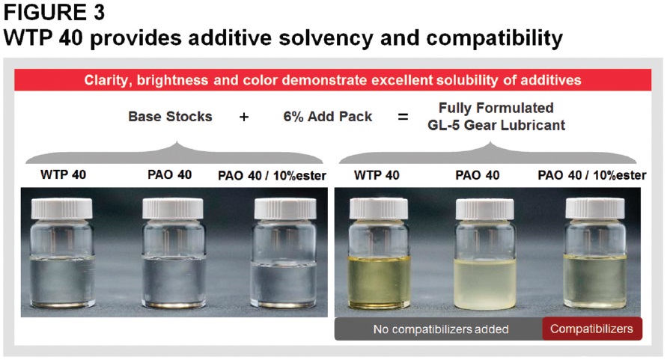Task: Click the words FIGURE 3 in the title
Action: tap(54, 12)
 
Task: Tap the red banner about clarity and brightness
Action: tap(332, 80)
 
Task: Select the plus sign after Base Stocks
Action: tap(244, 117)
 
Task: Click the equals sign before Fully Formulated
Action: tap(403, 117)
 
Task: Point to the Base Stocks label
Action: tap(170, 116)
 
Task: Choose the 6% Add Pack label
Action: tap(328, 116)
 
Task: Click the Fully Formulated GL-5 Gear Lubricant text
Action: tap(496, 116)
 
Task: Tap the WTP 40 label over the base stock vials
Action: tap(63, 174)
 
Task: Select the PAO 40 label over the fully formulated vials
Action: tap(478, 175)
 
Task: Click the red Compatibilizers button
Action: tap(591, 329)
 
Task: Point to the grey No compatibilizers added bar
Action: tap(441, 329)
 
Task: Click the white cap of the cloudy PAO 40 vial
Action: tap(484, 210)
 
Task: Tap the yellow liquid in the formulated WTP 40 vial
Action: tap(379, 281)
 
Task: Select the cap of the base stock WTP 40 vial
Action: tap(61, 209)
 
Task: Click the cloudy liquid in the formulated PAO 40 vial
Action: tap(485, 284)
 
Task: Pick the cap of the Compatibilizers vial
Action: tap(594, 209)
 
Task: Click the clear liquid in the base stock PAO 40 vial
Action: tap(173, 281)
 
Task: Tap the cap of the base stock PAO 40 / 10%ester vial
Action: tap(285, 209)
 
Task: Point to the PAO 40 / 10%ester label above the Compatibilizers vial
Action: tap(591, 175)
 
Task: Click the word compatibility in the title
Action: tap(494, 38)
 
